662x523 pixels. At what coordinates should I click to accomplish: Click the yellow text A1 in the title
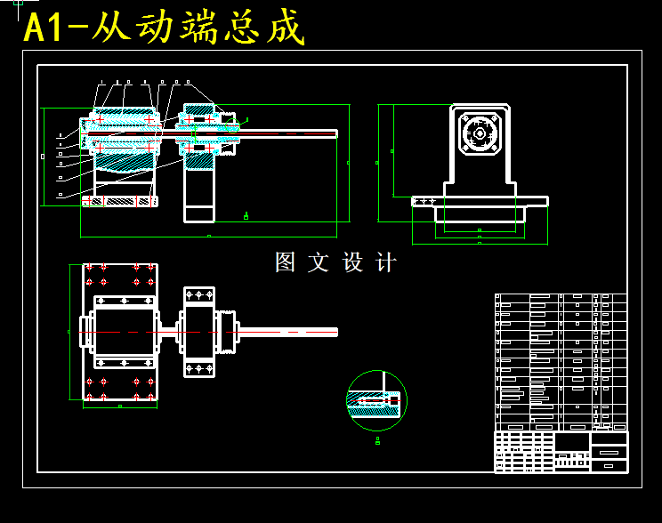[44, 28]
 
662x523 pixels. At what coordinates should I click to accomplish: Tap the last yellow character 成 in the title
[287, 28]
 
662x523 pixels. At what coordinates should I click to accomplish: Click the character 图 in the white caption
[285, 262]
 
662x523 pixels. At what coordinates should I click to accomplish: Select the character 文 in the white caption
[318, 262]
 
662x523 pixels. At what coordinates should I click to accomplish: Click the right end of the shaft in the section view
[335, 133]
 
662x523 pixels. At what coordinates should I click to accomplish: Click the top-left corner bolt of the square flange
[464, 117]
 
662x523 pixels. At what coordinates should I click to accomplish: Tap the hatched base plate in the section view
[120, 202]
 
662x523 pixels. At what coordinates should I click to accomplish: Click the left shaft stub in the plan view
[85, 332]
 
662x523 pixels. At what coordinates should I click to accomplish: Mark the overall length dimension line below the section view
[208, 237]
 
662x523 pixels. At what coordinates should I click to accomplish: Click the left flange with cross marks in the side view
[424, 201]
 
